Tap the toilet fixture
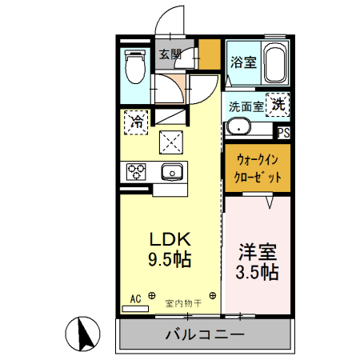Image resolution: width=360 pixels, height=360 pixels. pos(134,68)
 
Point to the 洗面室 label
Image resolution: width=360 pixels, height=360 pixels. pos(246,106)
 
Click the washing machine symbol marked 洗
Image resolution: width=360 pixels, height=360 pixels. pos(277,104)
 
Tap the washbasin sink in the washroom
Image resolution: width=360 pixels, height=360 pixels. pos(238,127)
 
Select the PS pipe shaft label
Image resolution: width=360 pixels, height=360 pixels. pos(283,133)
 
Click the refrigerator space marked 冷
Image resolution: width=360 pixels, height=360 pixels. pos(137,122)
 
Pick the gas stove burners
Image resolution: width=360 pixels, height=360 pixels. pos(136,171)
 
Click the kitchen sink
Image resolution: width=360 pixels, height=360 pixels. pos(170,171)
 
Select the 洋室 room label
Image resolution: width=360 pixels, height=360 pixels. pos(257,251)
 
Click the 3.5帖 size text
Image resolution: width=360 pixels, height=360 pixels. pos(257,272)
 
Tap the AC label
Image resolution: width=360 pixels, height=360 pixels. pos(135,298)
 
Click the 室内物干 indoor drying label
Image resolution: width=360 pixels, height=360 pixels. pos(183,303)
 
